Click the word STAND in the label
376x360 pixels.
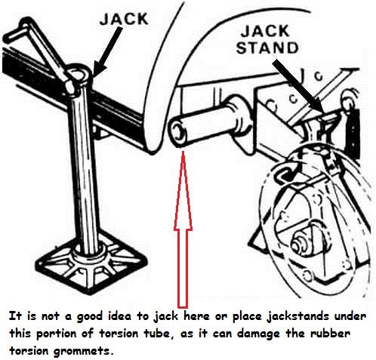coord(267,48)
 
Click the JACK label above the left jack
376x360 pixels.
coord(124,19)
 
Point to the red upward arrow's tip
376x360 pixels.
coord(183,151)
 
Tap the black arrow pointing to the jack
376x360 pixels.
coord(107,51)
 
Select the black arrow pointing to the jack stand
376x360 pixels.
coord(298,85)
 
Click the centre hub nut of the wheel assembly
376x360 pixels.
coord(300,242)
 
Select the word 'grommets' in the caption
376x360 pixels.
coord(82,350)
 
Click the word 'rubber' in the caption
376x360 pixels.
coord(330,333)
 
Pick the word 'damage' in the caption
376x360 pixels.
coord(258,334)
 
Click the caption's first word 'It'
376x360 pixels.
coord(15,316)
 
